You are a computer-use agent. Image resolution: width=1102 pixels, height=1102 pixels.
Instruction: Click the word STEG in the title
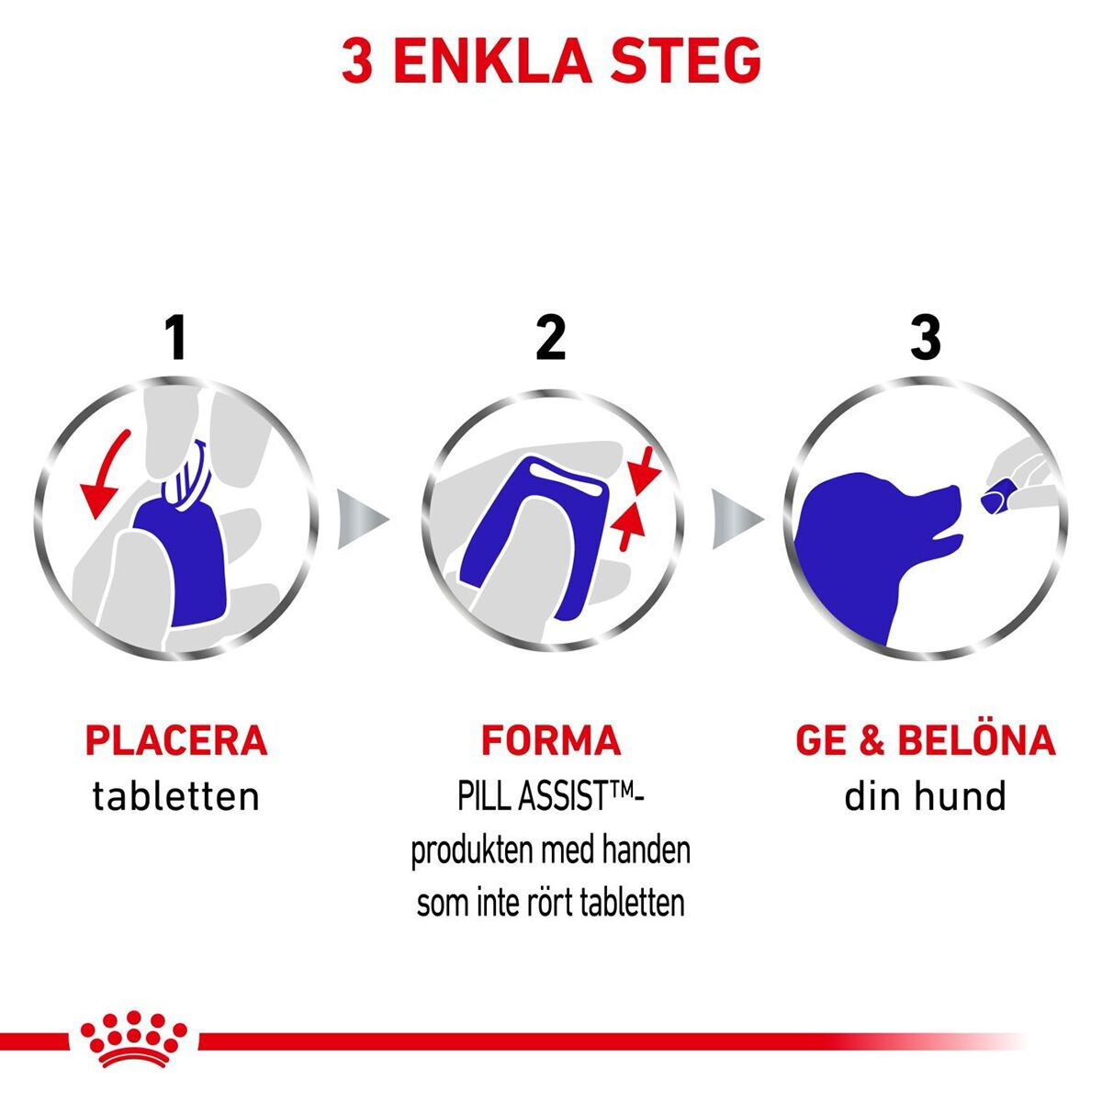coord(684,61)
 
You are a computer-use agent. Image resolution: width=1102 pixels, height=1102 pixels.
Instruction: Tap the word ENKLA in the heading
coord(492,61)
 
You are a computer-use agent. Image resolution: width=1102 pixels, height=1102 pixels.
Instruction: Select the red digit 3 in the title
coord(357,61)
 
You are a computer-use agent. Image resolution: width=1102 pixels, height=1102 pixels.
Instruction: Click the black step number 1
coord(176,338)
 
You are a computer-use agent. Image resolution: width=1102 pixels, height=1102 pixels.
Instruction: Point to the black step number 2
coord(551,338)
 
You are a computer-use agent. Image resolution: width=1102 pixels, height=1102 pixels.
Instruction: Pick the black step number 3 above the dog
coord(926,338)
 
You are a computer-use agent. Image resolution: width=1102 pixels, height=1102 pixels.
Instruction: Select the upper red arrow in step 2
coord(644,474)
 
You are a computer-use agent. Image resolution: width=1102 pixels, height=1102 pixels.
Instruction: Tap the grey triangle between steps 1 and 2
coord(363,519)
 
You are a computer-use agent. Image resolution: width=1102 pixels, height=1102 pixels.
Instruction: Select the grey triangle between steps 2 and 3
coord(737,519)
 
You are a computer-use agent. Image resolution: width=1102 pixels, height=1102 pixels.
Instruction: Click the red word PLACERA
coord(176,740)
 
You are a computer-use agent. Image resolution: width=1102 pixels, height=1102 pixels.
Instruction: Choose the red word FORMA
coord(551,740)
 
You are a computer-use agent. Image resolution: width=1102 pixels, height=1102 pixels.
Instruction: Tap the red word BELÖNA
coord(976,739)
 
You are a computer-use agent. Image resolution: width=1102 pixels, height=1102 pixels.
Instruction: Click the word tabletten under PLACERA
coord(176,796)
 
